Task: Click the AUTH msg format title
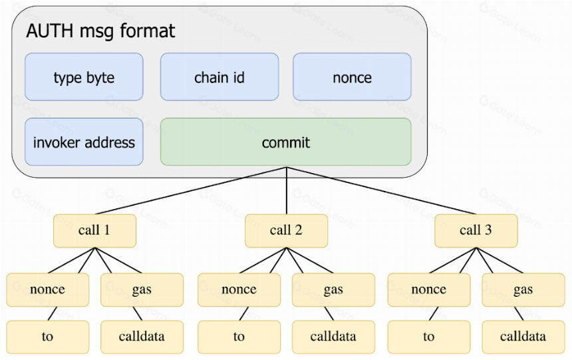tap(100, 31)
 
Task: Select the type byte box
tap(84, 77)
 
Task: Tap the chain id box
tap(219, 77)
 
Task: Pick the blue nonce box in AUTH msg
tap(352, 77)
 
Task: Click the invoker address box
tap(84, 142)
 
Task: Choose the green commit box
tap(286, 142)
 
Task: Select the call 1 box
tap(95, 231)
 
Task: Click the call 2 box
tap(287, 231)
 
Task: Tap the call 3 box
tap(476, 231)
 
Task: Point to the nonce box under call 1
tap(48, 290)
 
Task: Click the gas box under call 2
tap(333, 290)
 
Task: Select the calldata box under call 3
tap(523, 337)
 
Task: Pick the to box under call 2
tap(239, 337)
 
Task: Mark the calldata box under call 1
tap(142, 337)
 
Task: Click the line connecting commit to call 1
tap(191, 190)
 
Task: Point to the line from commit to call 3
tap(381, 190)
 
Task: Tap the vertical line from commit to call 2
tap(287, 190)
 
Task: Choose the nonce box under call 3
tap(429, 290)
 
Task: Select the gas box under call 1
tap(142, 290)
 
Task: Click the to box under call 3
tap(429, 337)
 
